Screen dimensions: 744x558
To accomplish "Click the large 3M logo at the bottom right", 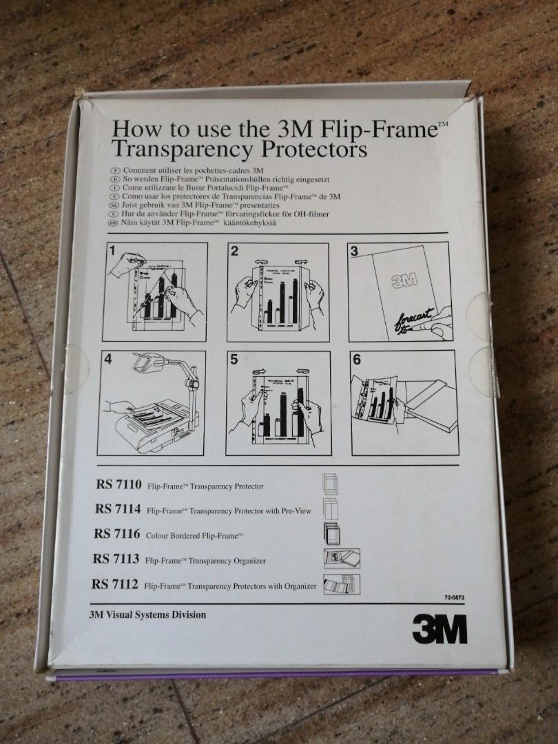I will [439, 628].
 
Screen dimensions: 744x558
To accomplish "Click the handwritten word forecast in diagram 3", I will [413, 318].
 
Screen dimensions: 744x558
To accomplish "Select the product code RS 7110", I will [119, 486].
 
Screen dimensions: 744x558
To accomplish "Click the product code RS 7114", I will [118, 509].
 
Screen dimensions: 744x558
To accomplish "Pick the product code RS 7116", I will [118, 533].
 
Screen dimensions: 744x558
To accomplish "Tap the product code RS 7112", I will [115, 584].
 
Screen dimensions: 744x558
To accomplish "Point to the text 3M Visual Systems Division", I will [147, 614].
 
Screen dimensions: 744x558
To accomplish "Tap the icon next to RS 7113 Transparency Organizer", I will [342, 558].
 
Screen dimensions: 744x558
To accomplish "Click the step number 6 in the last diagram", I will [356, 360].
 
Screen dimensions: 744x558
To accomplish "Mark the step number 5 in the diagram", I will [234, 360].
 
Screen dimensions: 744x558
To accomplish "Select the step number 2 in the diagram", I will [234, 251].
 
